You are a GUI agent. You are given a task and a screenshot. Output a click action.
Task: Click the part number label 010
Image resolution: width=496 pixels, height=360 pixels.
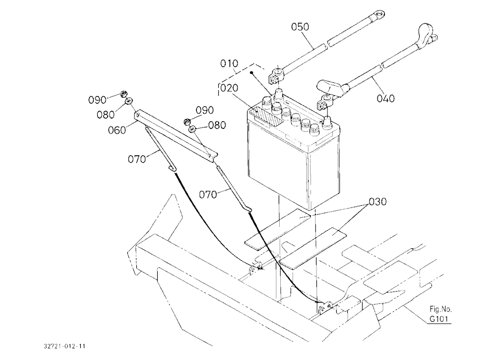click(x=229, y=63)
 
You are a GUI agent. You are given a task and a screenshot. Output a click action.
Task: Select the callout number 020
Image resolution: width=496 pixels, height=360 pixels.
click(x=229, y=88)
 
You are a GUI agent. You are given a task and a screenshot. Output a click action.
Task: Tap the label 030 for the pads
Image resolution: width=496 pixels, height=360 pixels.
click(x=377, y=201)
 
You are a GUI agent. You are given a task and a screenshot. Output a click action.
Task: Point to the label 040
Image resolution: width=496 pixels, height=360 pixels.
click(x=385, y=99)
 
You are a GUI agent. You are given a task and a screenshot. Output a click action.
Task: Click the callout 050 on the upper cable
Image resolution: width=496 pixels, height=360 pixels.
click(x=300, y=27)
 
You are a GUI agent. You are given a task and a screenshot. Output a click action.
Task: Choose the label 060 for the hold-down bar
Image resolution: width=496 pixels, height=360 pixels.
click(x=117, y=130)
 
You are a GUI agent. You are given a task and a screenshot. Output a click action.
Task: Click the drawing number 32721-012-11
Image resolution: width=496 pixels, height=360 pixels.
click(x=64, y=346)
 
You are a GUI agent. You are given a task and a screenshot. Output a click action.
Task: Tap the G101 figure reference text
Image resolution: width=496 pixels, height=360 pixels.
click(x=439, y=319)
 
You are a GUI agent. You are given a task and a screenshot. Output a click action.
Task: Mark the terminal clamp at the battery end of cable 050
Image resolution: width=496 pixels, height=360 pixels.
click(x=276, y=75)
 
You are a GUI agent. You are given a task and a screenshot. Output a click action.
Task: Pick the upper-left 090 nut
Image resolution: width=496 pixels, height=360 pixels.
click(x=124, y=94)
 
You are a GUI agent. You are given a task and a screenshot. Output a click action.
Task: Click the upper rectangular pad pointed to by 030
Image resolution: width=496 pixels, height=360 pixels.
click(x=278, y=227)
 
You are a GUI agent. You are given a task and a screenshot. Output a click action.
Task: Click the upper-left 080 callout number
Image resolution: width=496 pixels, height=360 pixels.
click(x=106, y=115)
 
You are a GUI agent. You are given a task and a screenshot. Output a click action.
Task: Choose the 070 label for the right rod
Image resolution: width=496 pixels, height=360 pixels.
click(x=208, y=194)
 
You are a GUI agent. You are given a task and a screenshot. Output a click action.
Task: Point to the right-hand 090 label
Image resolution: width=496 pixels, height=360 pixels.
click(x=205, y=111)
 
